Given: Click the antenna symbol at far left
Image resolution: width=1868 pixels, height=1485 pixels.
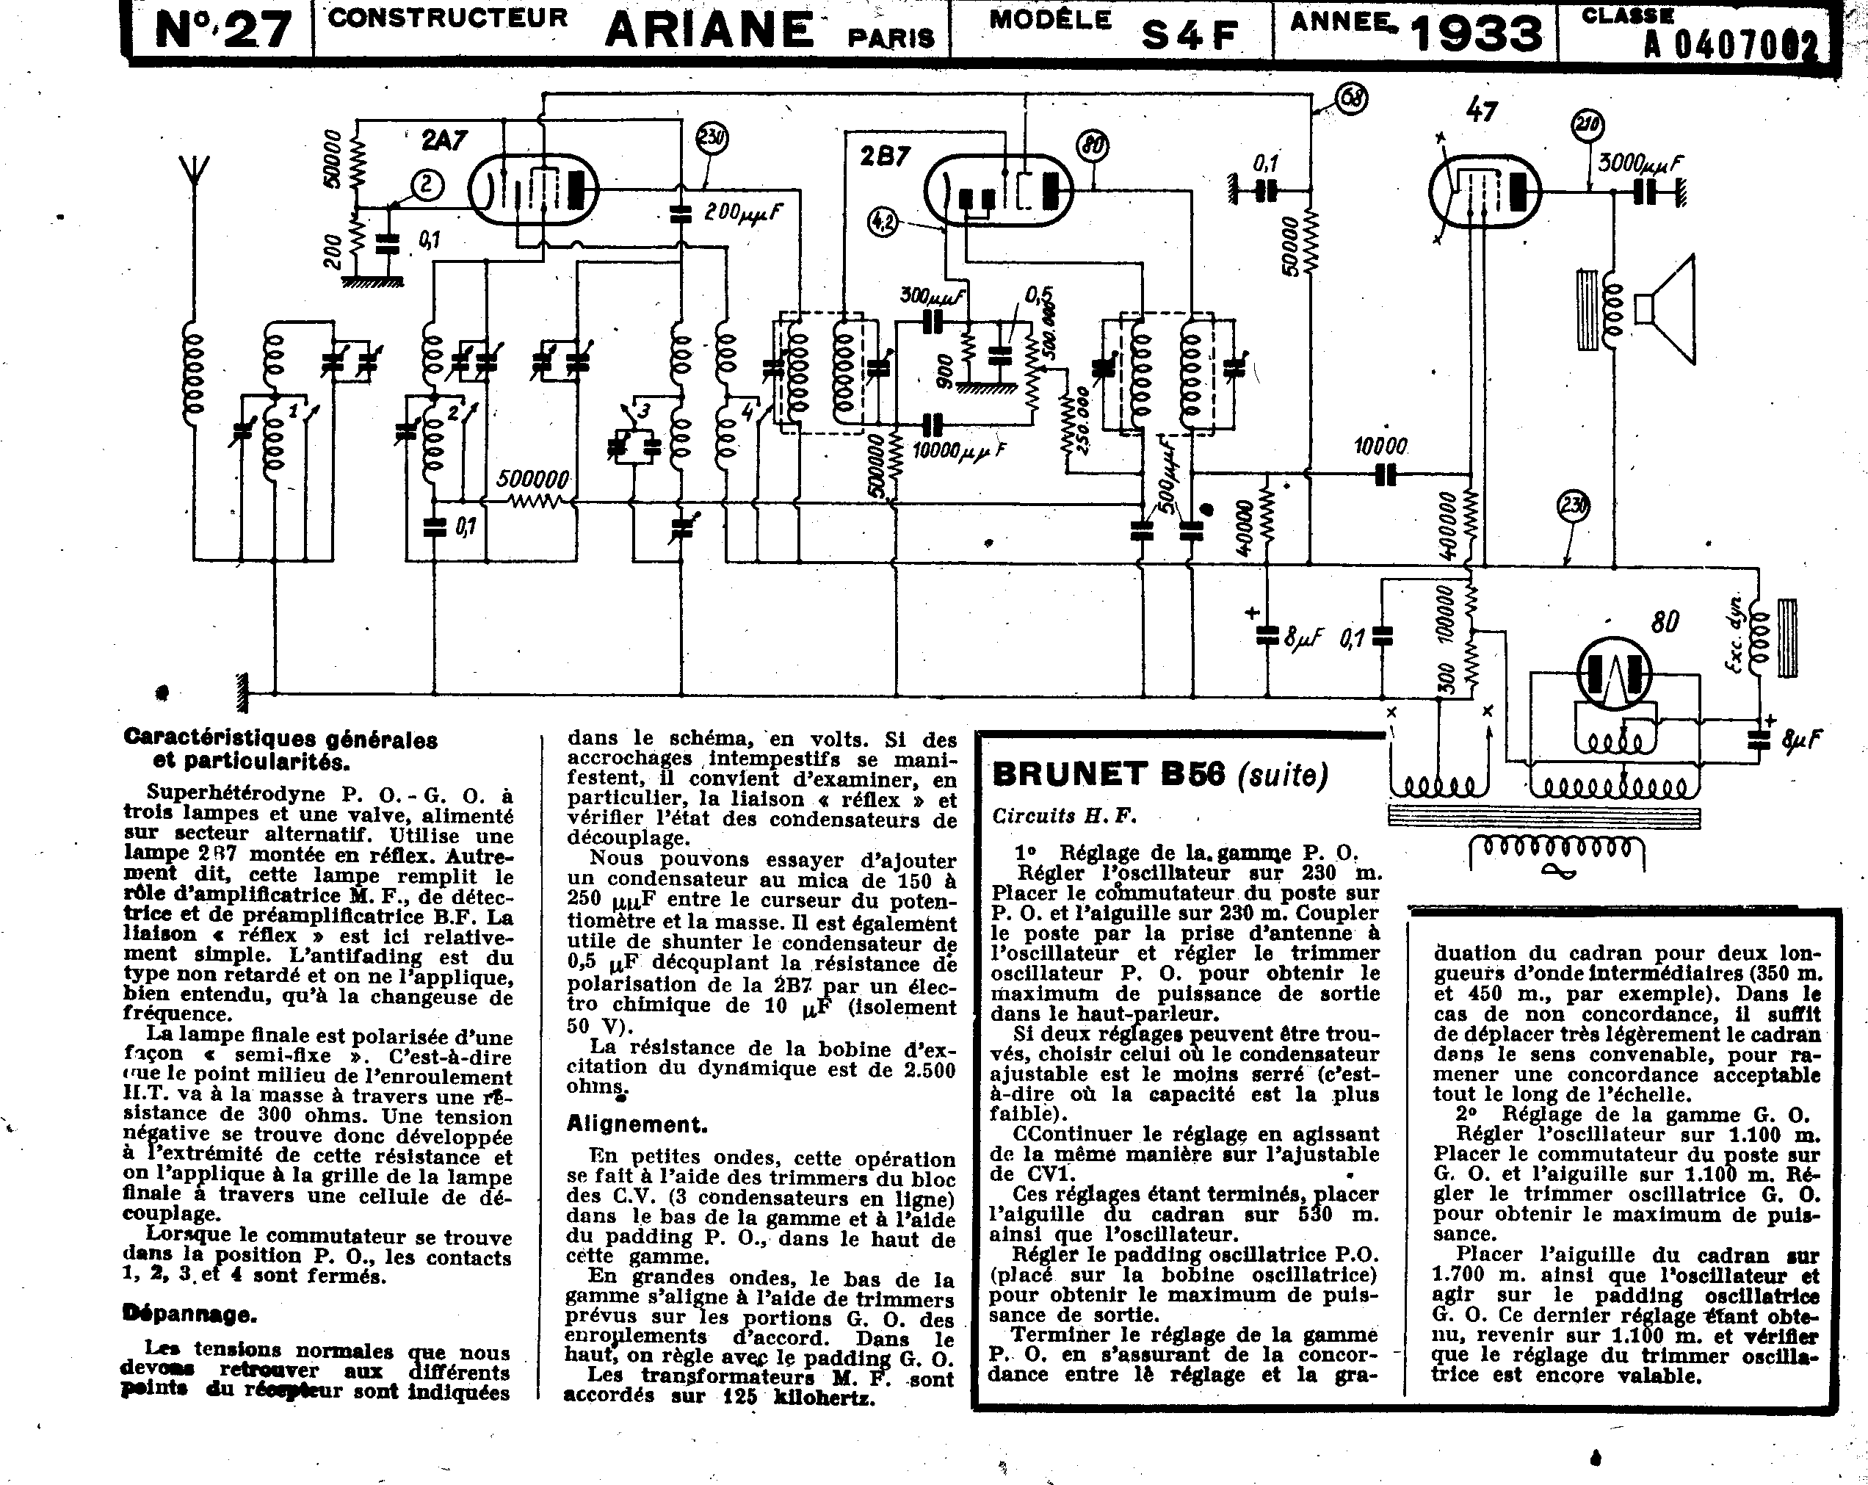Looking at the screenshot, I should [196, 178].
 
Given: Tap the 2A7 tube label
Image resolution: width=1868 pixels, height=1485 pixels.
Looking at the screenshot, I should [444, 140].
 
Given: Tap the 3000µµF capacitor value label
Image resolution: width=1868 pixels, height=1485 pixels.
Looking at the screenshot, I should [1640, 162].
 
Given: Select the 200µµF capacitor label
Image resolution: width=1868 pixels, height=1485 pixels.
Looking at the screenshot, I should [743, 212].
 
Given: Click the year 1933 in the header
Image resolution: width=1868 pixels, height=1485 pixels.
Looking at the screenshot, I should [1477, 33].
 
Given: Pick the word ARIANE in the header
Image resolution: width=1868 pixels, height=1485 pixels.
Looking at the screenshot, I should [709, 29].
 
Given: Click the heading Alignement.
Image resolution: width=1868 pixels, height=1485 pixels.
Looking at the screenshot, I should [637, 1124].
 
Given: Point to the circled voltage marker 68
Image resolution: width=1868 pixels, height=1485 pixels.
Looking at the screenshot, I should [1352, 98].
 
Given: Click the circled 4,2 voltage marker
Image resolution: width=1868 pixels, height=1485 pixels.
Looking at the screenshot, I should [883, 223].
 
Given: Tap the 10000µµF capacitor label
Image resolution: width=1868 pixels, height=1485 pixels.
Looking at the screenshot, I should [959, 450].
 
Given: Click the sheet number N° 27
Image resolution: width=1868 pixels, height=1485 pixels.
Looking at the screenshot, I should [222, 30].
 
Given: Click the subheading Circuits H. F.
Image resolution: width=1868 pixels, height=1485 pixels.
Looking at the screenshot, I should [1064, 815].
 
